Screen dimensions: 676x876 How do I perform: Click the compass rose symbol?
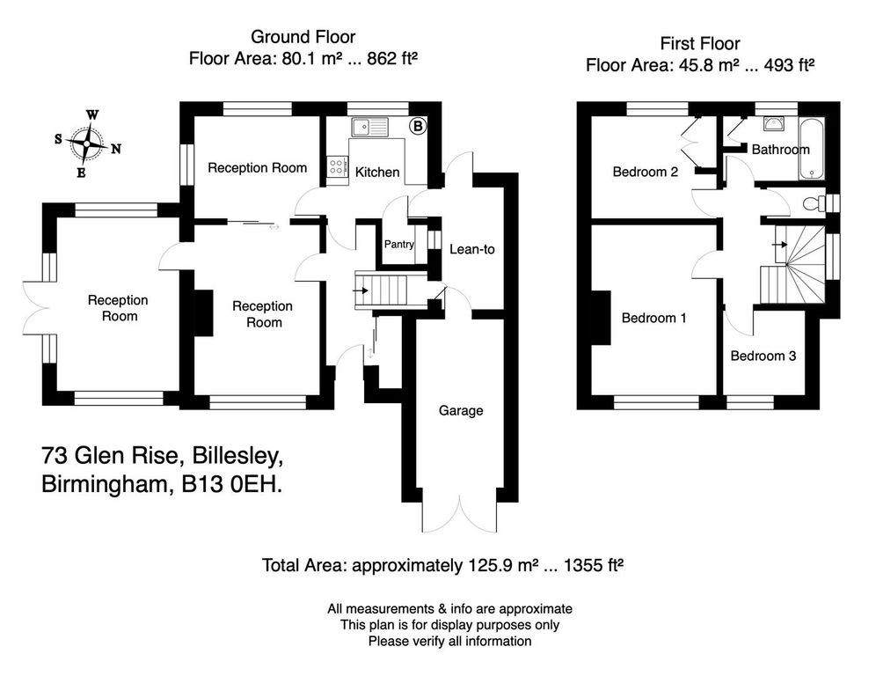[87, 141]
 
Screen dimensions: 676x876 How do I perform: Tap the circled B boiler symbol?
[419, 127]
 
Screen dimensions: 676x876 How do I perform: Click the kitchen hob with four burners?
[337, 168]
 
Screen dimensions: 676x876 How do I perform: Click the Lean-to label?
[471, 249]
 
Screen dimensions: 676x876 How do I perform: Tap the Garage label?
[462, 410]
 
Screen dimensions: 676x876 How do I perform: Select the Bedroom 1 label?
[653, 318]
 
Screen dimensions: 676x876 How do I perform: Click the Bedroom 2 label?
[645, 172]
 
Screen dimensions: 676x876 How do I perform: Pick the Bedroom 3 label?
[763, 356]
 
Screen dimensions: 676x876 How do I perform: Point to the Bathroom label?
[779, 150]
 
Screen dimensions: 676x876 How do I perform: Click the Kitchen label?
[377, 172]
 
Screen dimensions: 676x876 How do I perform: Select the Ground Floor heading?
[303, 37]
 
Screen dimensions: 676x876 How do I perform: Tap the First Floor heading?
[699, 43]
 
